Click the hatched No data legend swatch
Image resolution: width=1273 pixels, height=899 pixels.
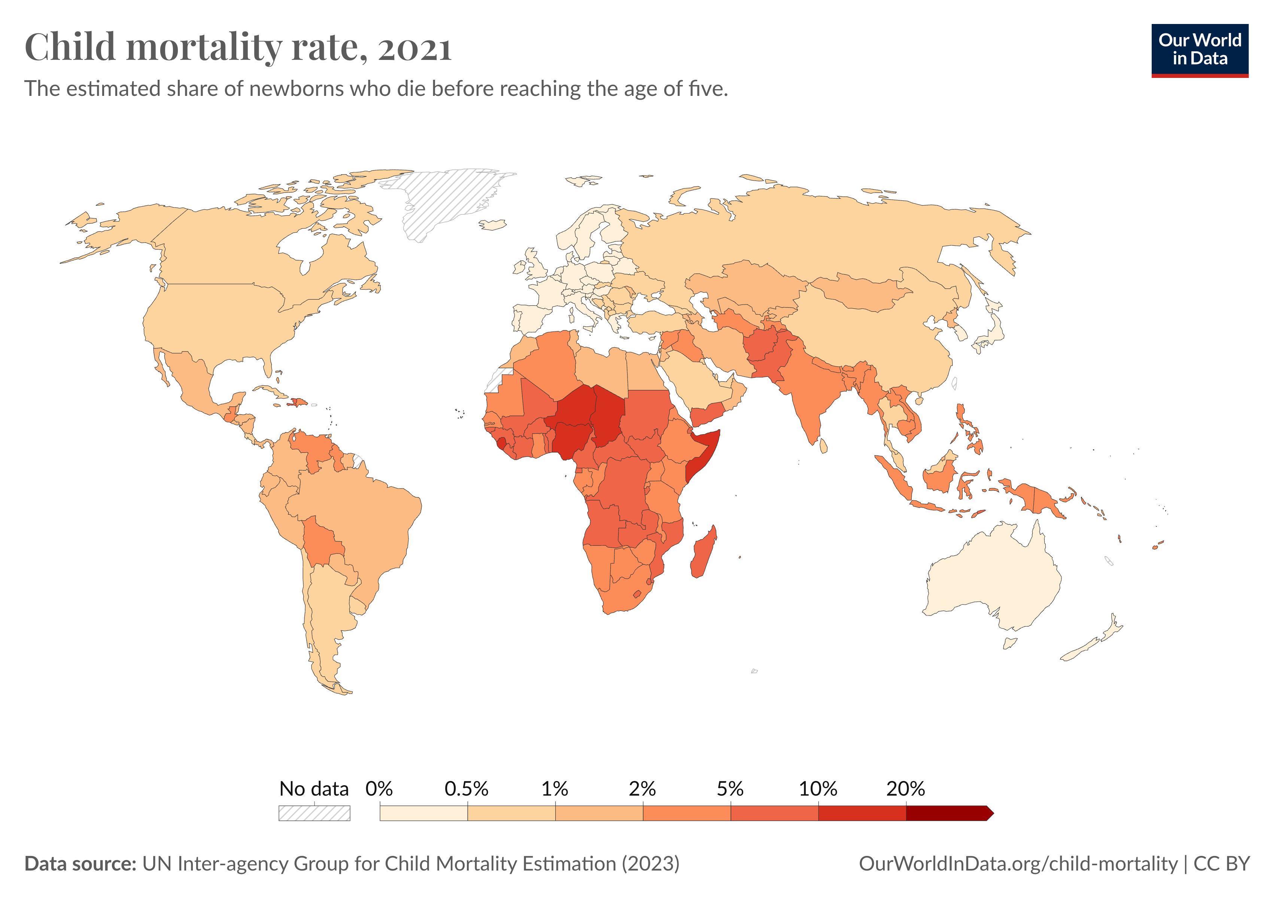point(315,814)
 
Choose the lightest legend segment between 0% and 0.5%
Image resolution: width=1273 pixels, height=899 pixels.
point(423,814)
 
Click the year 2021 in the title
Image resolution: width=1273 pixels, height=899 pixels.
point(415,48)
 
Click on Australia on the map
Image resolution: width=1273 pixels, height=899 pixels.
point(993,577)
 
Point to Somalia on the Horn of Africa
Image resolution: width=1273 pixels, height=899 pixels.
point(704,455)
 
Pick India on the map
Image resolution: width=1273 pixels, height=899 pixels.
point(809,388)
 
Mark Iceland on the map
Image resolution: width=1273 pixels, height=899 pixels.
point(492,225)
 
